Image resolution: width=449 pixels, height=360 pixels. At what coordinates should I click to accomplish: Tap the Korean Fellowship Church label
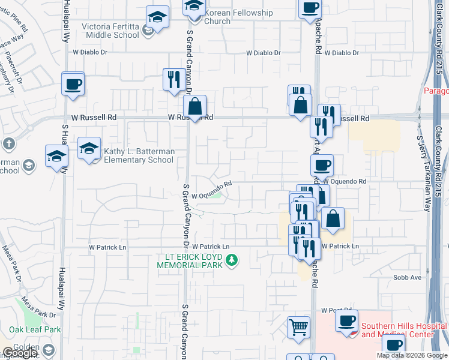tap(239, 17)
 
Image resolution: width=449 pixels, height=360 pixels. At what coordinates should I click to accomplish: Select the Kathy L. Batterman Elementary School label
tap(139, 156)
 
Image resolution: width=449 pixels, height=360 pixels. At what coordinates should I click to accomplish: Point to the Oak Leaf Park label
tap(35, 329)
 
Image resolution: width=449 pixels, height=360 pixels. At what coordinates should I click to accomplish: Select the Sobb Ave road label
tap(407, 277)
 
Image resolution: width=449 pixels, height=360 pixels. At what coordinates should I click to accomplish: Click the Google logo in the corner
tap(20, 353)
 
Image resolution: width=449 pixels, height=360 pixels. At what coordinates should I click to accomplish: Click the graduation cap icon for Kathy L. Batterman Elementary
tap(89, 148)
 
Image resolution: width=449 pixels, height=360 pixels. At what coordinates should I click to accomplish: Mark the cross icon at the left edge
tap(8, 144)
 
